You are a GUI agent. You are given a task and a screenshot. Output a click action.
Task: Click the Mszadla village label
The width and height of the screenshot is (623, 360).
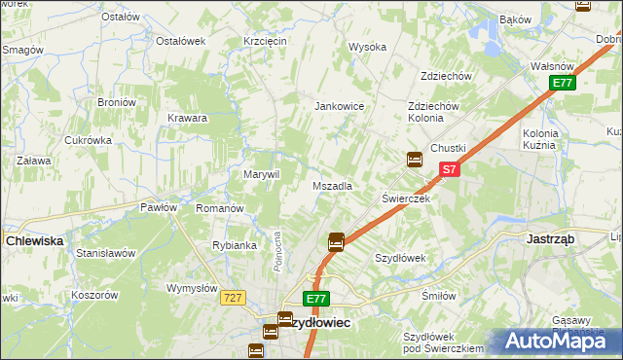pyautogui.click(x=332, y=185)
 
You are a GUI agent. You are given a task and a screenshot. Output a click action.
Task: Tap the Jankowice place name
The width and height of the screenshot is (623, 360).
pyautogui.click(x=339, y=106)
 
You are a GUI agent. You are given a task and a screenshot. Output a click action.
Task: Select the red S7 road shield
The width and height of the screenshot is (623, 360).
pyautogui.click(x=448, y=169)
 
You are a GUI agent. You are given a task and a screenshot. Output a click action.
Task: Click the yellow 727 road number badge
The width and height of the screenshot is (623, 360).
pyautogui.click(x=232, y=298)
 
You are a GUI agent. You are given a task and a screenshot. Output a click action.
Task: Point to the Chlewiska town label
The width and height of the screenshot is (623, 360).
pyautogui.click(x=34, y=239)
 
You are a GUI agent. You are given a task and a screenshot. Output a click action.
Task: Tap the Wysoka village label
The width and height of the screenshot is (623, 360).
pyautogui.click(x=368, y=47)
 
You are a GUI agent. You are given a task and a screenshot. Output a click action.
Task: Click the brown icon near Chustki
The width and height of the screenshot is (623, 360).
pyautogui.click(x=415, y=159)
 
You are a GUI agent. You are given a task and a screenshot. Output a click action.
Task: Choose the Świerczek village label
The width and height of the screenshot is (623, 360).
pyautogui.click(x=406, y=198)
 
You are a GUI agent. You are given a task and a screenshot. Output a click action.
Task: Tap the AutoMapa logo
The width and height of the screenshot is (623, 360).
pyautogui.click(x=558, y=341)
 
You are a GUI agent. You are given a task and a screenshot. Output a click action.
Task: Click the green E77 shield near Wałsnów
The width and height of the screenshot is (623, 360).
pyautogui.click(x=562, y=84)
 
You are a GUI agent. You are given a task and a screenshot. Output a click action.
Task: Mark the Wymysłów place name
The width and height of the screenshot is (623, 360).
pyautogui.click(x=191, y=288)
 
